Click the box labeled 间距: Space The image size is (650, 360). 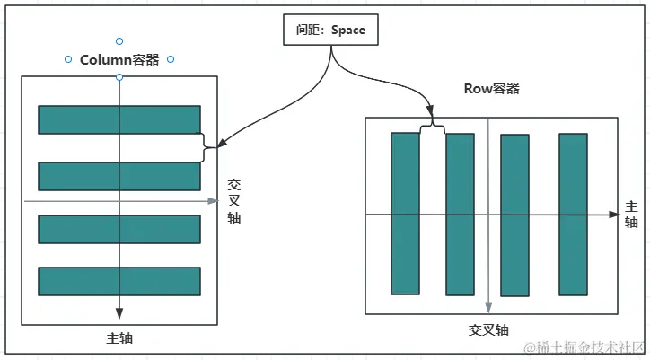click(x=330, y=30)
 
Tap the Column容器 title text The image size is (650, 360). click(x=119, y=60)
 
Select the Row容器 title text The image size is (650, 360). click(x=491, y=88)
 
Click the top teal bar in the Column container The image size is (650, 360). click(x=119, y=119)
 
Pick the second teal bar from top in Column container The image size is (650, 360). click(x=119, y=176)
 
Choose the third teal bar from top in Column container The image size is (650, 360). click(x=119, y=229)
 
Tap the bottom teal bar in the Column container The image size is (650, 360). click(x=119, y=281)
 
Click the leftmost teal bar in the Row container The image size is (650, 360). click(x=405, y=214)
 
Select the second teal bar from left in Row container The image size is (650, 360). click(x=460, y=214)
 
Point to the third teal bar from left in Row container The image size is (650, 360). click(x=514, y=215)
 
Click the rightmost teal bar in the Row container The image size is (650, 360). click(x=573, y=214)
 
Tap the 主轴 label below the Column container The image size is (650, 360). click(x=119, y=338)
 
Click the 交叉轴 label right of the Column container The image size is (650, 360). click(x=233, y=199)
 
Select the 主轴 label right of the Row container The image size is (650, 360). click(x=631, y=214)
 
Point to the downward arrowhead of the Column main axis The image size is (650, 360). click(x=119, y=312)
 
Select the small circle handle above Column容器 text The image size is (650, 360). click(x=119, y=41)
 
